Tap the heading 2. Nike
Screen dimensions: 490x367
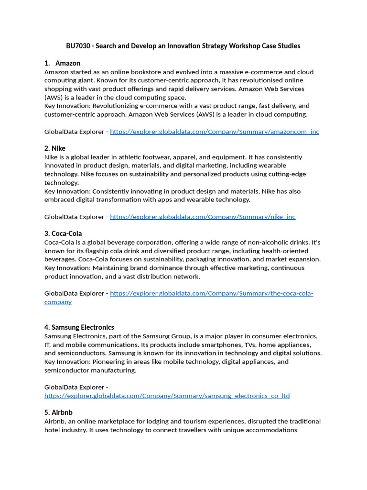(55, 148)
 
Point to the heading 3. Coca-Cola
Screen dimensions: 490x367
(63, 234)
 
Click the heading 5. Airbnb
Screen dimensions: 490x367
(58, 412)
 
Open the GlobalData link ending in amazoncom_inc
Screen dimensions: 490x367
(215, 132)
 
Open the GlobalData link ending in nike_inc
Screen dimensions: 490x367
(203, 217)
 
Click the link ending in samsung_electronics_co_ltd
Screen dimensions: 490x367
(167, 396)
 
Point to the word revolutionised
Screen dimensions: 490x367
(255, 80)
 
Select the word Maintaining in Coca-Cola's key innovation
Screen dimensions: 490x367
(113, 268)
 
